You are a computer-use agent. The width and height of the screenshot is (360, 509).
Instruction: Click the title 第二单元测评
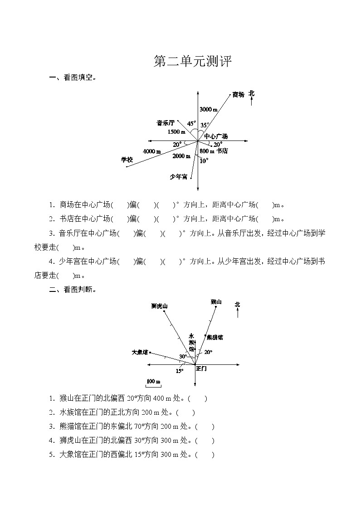click(193, 62)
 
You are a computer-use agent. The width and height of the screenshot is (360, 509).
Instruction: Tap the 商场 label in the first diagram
click(238, 95)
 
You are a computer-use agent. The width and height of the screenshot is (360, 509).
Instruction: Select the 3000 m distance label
click(209, 110)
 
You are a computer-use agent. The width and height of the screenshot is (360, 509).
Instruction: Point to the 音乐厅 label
click(165, 123)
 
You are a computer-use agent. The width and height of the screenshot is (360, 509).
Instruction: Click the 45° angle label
click(191, 123)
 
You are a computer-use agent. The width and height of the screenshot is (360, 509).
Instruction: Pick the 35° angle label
click(205, 125)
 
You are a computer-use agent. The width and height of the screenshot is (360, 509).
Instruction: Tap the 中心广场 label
click(215, 136)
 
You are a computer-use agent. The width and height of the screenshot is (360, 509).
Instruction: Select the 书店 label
click(222, 151)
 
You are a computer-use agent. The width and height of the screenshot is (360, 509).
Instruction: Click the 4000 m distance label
click(152, 151)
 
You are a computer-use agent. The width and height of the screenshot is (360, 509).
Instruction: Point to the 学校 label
click(126, 160)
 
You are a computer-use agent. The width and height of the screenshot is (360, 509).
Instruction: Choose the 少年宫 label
click(178, 177)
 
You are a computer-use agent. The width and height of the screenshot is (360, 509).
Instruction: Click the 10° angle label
click(204, 160)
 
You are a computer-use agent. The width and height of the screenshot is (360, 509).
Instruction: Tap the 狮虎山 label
click(159, 306)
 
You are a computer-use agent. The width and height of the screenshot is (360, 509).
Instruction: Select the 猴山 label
click(216, 302)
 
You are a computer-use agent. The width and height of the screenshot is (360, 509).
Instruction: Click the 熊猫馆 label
click(214, 337)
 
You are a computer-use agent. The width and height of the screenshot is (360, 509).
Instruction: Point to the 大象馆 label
click(140, 352)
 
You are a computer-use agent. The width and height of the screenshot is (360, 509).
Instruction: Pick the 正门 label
click(201, 369)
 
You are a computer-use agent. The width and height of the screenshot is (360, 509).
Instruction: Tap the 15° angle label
click(180, 371)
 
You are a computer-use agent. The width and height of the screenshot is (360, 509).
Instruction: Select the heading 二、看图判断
click(72, 290)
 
